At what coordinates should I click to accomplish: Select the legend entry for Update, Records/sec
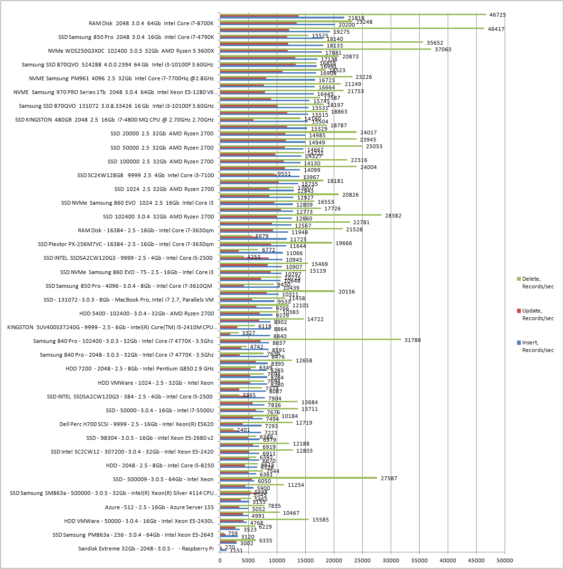[535, 314]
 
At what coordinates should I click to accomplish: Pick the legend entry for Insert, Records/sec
[535, 346]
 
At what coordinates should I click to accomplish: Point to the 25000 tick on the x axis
[362, 560]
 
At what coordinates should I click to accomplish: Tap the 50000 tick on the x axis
[505, 560]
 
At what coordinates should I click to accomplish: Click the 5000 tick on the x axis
[248, 560]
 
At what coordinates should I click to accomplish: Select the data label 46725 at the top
[498, 15]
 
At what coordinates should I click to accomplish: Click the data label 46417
[496, 29]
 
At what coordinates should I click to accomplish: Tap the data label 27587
[389, 478]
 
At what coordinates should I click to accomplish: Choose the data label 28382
[393, 216]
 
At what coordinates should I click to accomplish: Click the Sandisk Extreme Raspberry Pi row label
[146, 549]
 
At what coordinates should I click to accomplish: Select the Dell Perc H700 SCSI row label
[136, 424]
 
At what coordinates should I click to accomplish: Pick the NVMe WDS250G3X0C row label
[131, 51]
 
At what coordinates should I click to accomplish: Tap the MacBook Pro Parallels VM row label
[129, 300]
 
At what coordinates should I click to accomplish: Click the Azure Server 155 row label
[159, 507]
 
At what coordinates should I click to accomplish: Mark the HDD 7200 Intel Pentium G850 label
[140, 369]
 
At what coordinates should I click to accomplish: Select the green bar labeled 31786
[310, 340]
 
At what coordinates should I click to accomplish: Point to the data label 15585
[320, 520]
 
